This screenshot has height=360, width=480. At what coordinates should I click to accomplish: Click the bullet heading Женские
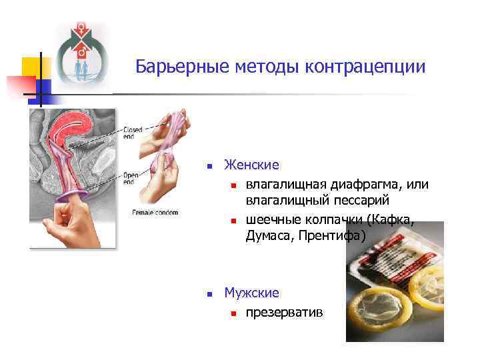[251, 165]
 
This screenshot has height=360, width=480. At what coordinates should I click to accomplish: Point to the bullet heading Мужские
[252, 293]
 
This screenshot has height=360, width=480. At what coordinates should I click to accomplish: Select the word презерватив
[284, 311]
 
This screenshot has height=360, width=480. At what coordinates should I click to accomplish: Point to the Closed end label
[132, 132]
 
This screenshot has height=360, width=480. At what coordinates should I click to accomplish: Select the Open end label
[131, 178]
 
